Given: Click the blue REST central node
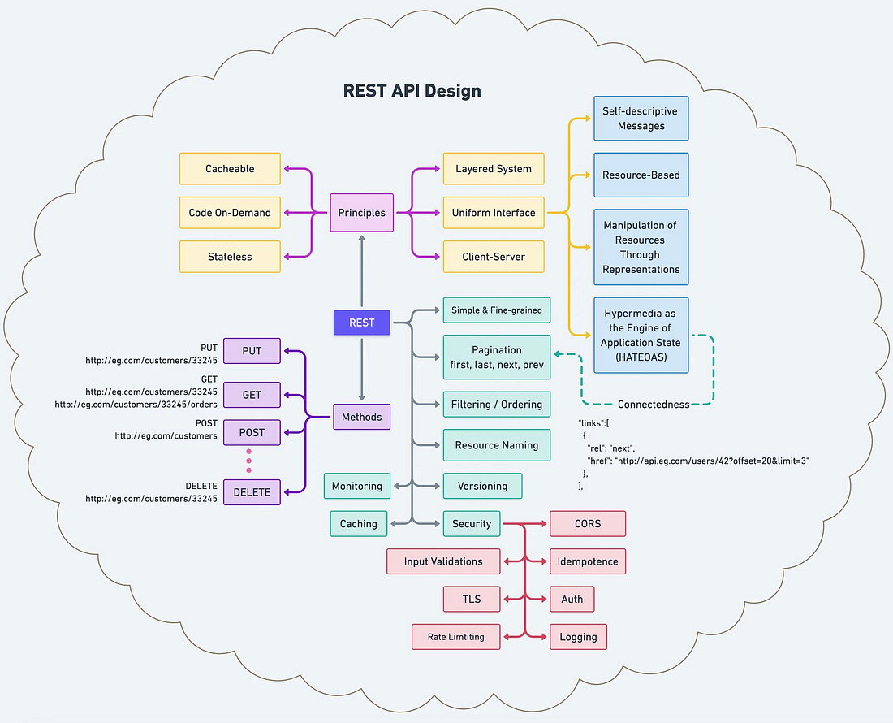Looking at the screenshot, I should click(x=361, y=323).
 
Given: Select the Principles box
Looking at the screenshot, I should click(x=361, y=213).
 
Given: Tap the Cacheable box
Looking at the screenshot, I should click(x=230, y=169).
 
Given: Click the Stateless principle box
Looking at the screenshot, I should click(x=230, y=257).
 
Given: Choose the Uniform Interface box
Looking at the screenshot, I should click(x=494, y=213).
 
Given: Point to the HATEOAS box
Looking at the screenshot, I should click(x=641, y=335).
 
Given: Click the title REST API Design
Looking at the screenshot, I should click(x=412, y=90).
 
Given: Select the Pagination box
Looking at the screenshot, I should click(x=497, y=357).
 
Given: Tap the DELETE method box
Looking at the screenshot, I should click(x=252, y=492).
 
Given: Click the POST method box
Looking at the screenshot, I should click(x=252, y=432).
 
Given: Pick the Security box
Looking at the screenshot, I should click(x=472, y=524).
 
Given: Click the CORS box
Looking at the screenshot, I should click(x=588, y=524).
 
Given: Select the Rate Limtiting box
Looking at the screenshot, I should click(x=455, y=637).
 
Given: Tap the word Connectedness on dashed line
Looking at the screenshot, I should click(x=653, y=405).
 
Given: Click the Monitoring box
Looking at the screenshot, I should click(x=357, y=486).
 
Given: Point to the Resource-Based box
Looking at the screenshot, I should click(x=641, y=175).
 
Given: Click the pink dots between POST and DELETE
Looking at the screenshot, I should click(x=248, y=461).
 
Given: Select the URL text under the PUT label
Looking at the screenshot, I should click(x=151, y=359).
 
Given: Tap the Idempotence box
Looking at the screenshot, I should click(x=588, y=561).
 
